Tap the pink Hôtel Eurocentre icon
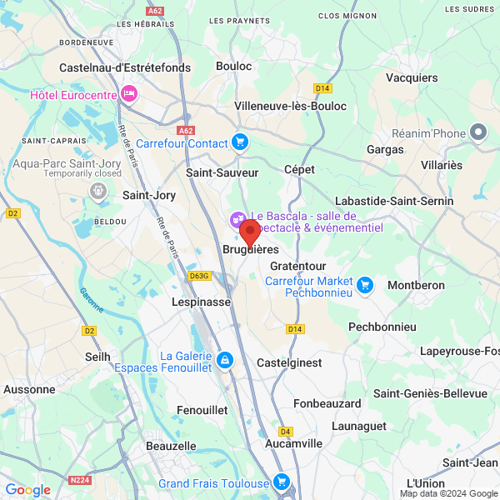pos(128,93)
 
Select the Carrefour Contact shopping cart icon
pos(240,142)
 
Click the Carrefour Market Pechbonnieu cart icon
pos(364,287)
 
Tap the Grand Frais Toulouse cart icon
pos(282,482)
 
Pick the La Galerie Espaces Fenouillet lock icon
pos(223,360)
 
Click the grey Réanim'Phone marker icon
pos(478,132)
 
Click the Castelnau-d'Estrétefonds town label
pos(125,67)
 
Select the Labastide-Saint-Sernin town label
pos(393,201)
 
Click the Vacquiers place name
pos(412,77)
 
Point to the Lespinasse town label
pos(201,302)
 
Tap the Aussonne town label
pos(29,388)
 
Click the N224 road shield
pos(81,479)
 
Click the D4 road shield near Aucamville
pos(286,431)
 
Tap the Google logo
pos(27,489)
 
